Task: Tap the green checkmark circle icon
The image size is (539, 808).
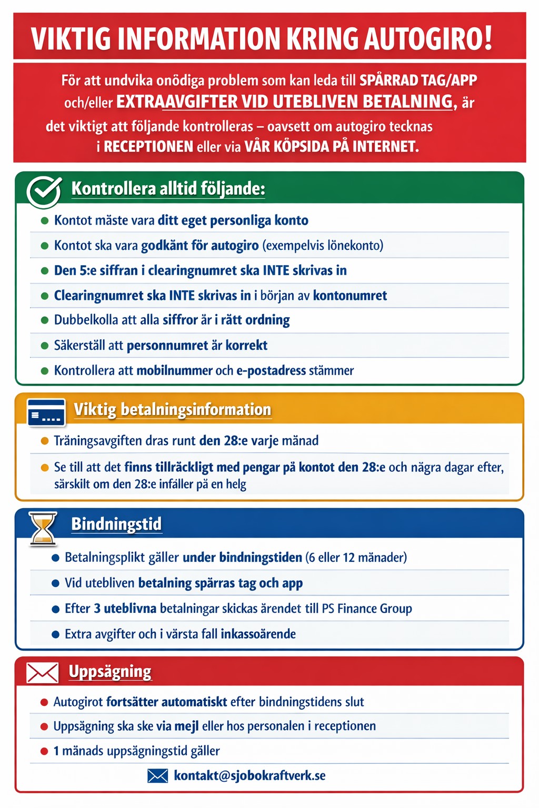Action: point(44,191)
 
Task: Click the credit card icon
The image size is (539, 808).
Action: point(46,412)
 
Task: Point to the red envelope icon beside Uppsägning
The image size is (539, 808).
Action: point(43,673)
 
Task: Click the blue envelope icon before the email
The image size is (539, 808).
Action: point(157,775)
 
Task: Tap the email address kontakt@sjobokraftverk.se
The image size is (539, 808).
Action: point(249,775)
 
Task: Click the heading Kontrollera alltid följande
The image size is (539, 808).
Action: point(168,188)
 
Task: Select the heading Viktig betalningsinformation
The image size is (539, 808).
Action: point(172,409)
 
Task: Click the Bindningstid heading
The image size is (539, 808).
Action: point(116,524)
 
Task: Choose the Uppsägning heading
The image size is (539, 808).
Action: point(110,672)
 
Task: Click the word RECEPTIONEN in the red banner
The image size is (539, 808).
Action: point(148,146)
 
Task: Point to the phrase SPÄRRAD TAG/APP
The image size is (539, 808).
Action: point(418,80)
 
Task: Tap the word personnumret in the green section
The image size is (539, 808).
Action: point(167,345)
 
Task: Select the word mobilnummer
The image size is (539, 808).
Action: point(174,370)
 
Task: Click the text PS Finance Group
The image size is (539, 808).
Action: point(367,609)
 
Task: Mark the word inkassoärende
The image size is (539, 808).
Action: point(258,634)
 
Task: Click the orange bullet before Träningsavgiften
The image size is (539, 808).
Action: point(45,441)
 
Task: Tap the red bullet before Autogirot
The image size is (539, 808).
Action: point(45,702)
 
